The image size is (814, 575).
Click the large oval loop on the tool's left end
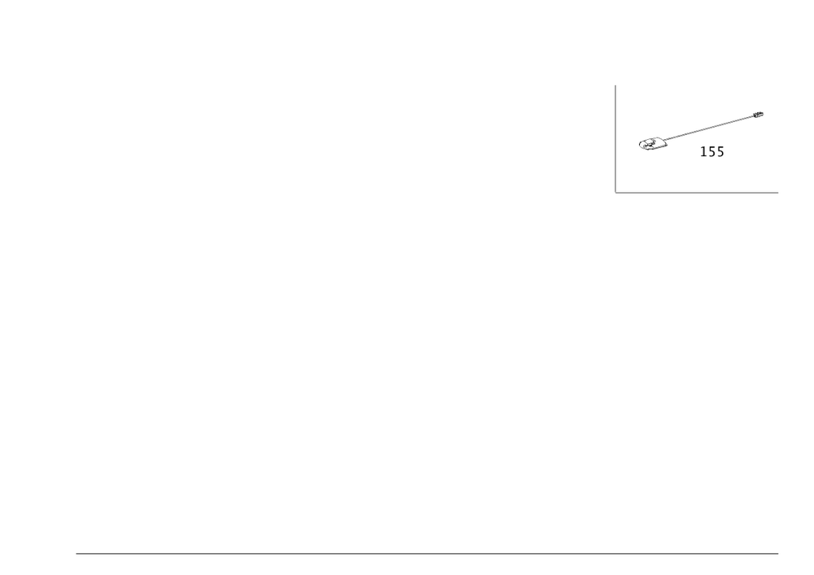652,145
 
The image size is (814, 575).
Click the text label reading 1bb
713,152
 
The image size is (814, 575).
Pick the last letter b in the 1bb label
721,152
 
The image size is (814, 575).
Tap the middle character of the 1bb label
712,152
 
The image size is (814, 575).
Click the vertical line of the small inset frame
615,138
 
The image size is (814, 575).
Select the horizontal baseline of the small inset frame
698,193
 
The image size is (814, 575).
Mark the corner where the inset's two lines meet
615,193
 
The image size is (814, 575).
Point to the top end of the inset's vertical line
615,84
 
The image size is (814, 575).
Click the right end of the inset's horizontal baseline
779,193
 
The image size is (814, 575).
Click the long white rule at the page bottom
427,552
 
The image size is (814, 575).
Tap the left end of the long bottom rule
76,552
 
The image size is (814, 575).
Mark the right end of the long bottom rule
779,552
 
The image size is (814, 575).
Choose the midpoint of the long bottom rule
427,552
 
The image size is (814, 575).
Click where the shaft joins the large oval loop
667,140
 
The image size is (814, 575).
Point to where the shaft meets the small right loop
755,115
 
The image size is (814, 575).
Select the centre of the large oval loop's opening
651,145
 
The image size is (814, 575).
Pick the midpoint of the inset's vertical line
615,138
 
